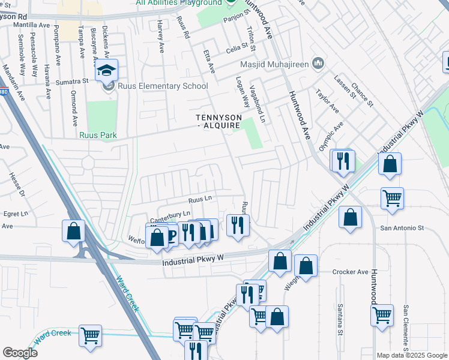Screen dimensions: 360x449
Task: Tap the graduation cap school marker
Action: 106,72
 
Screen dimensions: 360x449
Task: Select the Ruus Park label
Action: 98,135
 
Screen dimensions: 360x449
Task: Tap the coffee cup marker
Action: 170,235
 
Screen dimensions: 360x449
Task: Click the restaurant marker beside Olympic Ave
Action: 343,161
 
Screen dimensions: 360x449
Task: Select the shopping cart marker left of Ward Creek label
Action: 90,337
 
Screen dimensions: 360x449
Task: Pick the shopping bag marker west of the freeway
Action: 73,232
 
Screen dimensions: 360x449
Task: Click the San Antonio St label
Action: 402,228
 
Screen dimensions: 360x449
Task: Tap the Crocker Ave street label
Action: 350,272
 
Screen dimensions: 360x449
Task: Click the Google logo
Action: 20,352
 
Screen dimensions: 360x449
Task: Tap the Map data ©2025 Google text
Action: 412,355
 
